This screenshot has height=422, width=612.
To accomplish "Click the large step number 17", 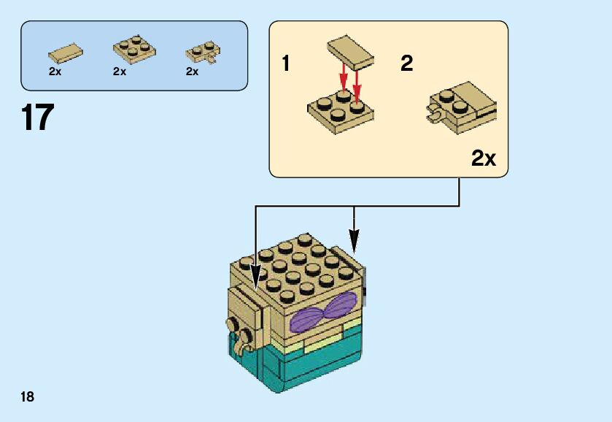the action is click(38, 118).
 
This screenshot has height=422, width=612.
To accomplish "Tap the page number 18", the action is click(28, 396).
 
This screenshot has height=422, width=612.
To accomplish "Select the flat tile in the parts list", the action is click(65, 52).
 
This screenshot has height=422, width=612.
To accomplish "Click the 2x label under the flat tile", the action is click(55, 72).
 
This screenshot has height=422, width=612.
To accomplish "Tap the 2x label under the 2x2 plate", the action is click(120, 72).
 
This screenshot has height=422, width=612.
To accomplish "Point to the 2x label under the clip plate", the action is click(193, 72).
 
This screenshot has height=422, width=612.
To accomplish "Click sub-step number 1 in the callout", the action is click(287, 64).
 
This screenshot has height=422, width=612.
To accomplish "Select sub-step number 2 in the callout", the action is click(407, 64).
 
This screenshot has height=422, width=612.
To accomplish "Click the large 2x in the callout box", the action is click(483, 157).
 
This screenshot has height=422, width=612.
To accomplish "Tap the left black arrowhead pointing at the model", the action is click(255, 277).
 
